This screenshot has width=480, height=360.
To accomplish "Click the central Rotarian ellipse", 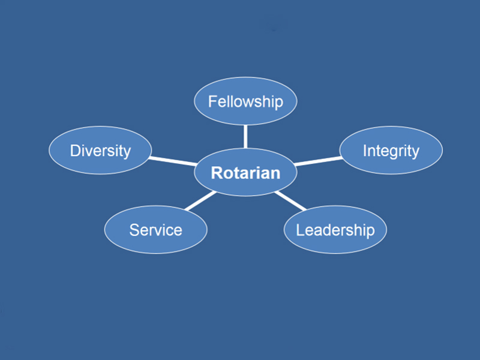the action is (245, 172).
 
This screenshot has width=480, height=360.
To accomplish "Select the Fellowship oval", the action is (245, 101).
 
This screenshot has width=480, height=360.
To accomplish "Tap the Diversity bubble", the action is (100, 151).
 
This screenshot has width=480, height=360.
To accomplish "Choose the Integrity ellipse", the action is (391, 151).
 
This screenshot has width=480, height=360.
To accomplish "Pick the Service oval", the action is (155, 230).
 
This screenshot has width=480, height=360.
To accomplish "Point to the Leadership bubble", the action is (335, 230).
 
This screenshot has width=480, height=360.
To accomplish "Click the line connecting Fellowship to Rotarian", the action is (245, 137).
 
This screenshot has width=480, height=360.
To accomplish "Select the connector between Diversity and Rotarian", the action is (173, 161).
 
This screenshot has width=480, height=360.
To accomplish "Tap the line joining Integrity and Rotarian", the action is (319, 161).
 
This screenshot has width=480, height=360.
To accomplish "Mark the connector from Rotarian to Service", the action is (201, 201).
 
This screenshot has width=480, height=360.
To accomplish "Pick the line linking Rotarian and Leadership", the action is (290, 201).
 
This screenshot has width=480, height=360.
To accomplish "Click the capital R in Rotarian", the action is (217, 173).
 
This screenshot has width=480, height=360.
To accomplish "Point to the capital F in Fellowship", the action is (212, 101).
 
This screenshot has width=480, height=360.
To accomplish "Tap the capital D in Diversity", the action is (76, 151).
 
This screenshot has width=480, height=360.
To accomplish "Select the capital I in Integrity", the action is (365, 151).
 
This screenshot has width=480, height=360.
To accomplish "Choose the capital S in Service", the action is (134, 230).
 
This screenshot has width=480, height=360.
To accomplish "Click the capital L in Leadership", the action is (300, 230).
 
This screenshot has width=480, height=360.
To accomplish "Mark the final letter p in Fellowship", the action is (280, 103).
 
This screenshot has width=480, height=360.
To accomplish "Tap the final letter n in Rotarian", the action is (276, 175).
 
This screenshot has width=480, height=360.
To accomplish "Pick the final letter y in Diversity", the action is (127, 153).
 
